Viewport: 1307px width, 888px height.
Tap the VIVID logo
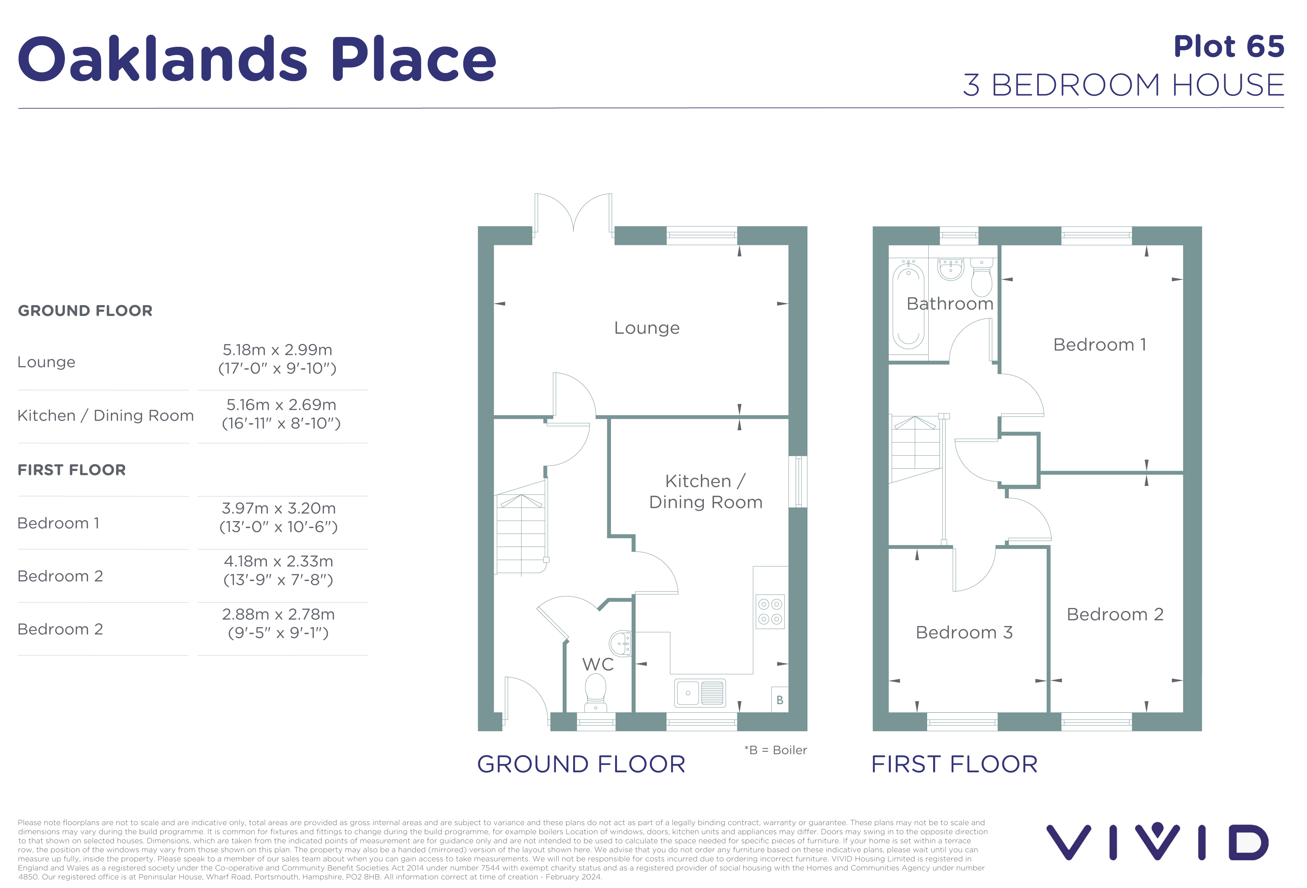coord(1158,842)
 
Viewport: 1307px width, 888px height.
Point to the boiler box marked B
coord(780,700)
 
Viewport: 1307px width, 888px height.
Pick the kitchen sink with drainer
coord(700,693)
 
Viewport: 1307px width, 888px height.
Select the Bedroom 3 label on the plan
coord(964,632)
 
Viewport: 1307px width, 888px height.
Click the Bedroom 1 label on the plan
coord(1099,344)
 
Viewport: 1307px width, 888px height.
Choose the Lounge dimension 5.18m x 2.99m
coord(277,350)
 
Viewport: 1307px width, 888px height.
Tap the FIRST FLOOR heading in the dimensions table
coord(72,470)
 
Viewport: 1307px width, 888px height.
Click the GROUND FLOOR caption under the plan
coord(581,764)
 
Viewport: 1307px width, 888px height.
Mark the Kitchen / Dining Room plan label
coord(706,491)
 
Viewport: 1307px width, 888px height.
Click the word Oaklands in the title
coord(163,59)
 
